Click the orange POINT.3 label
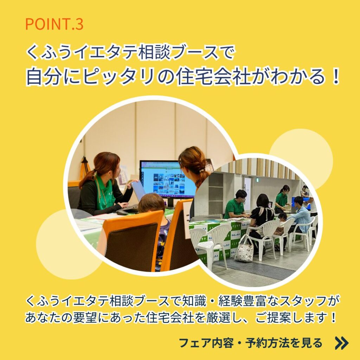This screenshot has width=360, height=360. [54, 24]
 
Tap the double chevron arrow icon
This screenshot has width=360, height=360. [342, 343]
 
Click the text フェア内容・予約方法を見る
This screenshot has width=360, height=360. [250, 343]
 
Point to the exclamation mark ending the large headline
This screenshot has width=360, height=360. [335, 77]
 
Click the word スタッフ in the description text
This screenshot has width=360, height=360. [300, 301]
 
